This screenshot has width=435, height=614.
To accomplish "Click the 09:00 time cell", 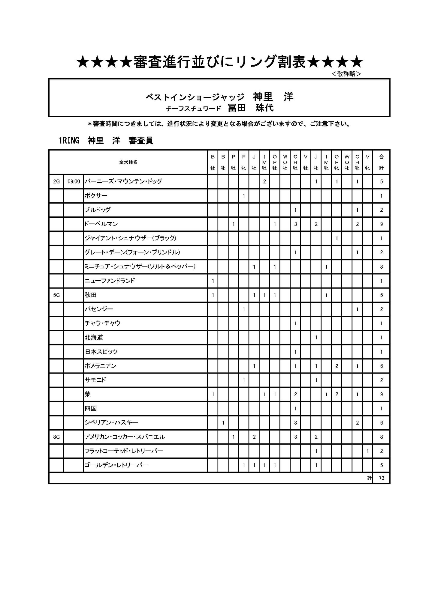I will pyautogui.click(x=74, y=181).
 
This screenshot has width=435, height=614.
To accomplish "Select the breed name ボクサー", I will pyautogui.click(x=96, y=196).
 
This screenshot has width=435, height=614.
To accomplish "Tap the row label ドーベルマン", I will pyautogui.click(x=101, y=224).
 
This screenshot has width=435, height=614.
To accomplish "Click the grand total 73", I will pyautogui.click(x=381, y=478).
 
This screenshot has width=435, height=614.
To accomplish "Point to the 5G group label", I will pyautogui.click(x=56, y=295).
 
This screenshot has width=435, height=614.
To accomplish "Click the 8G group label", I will pyautogui.click(x=56, y=437).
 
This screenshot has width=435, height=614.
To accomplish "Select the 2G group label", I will pyautogui.click(x=56, y=181).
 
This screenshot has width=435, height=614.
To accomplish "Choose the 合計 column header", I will pyautogui.click(x=381, y=162).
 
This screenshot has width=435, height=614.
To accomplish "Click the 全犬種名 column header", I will pyautogui.click(x=128, y=162).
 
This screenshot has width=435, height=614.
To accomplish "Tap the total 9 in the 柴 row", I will pyautogui.click(x=381, y=394).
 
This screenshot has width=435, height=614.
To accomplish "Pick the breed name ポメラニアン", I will pyautogui.click(x=100, y=366).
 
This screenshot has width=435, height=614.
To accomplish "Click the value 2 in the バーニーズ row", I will pyautogui.click(x=264, y=181).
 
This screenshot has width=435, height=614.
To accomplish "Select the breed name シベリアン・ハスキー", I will pyautogui.click(x=111, y=423).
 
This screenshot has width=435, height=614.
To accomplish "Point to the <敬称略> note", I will pyautogui.click(x=346, y=74).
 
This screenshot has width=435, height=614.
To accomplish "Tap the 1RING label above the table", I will pyautogui.click(x=69, y=140).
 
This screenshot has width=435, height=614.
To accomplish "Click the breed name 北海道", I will pyautogui.click(x=94, y=338).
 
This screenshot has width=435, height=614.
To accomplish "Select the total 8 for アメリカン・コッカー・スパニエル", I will pyautogui.click(x=381, y=437).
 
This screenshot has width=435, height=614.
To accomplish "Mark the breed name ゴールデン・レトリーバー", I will pyautogui.click(x=116, y=465).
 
